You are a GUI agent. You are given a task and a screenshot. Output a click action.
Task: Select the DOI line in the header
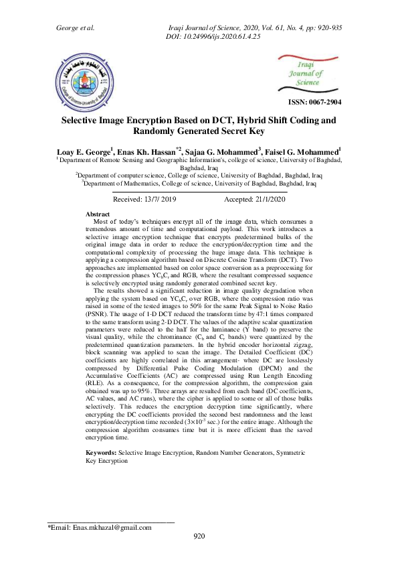[212, 36]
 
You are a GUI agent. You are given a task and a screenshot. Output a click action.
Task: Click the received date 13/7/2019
[144, 200]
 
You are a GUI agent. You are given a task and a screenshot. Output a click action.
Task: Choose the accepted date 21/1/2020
[255, 200]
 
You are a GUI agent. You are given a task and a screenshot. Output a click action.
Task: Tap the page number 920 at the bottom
[199, 536]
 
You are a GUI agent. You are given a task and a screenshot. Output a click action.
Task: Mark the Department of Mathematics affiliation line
[199, 181]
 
